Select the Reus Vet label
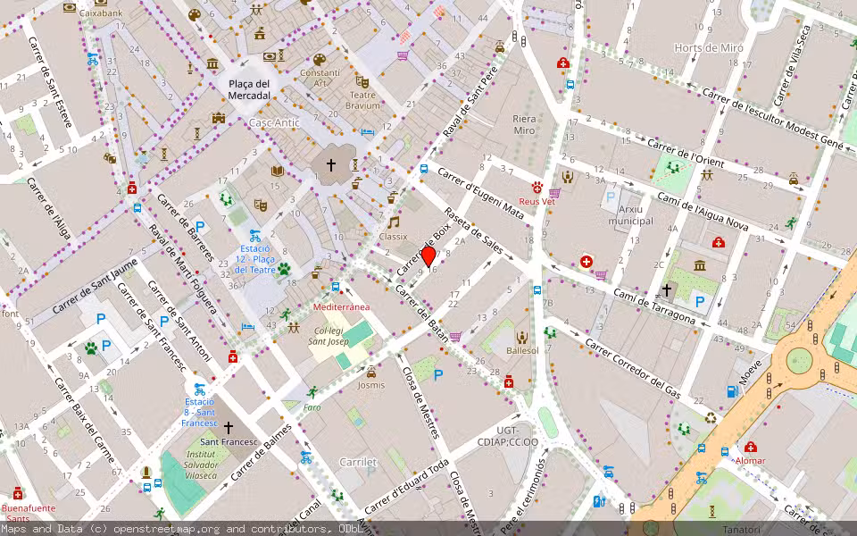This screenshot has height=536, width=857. [537, 202]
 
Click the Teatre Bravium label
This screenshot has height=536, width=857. [363, 100]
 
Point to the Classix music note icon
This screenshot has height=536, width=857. [393, 222]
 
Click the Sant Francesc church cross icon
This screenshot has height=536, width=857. [229, 428]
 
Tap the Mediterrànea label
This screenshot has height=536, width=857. [341, 306]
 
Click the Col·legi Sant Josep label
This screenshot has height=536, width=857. [328, 336]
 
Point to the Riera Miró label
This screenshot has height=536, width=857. [524, 124]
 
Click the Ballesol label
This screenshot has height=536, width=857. [522, 351]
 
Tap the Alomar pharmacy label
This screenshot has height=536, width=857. [750, 460]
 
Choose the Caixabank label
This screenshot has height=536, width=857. [100, 13]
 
